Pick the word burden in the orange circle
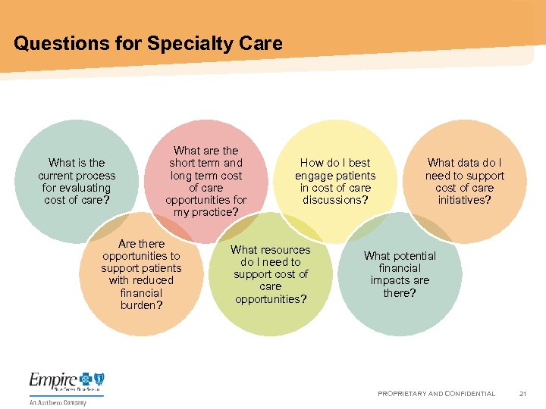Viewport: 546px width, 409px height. click(x=139, y=304)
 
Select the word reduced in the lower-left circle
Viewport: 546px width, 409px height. click(x=151, y=280)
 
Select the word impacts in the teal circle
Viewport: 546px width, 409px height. click(x=389, y=280)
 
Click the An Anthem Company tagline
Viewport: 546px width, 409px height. click(x=58, y=402)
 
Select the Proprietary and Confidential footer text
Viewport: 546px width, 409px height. click(x=436, y=394)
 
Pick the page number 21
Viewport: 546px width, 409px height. click(x=522, y=394)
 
